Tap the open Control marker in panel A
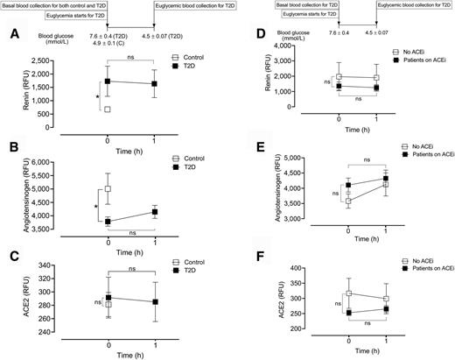point(107,109)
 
